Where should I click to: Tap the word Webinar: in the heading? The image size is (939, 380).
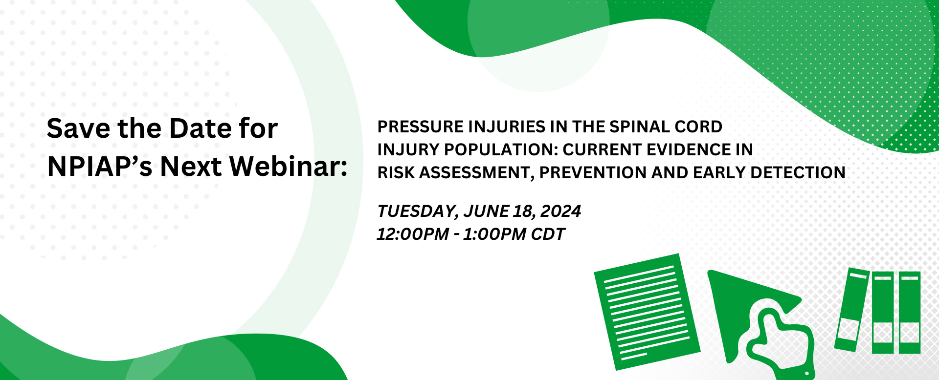click(289, 167)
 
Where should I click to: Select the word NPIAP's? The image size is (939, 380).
click(100, 167)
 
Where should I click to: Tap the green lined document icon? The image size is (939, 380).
click(647, 311)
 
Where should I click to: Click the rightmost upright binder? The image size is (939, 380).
click(910, 313)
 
